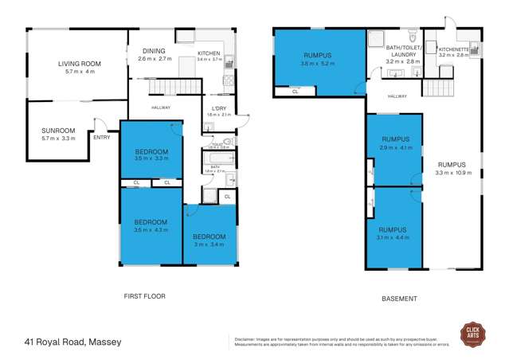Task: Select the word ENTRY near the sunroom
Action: click(x=101, y=138)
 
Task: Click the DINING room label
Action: click(x=154, y=51)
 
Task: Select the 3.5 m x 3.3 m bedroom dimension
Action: click(x=151, y=158)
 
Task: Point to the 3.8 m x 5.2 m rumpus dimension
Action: click(x=316, y=64)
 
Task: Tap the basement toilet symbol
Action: click(x=411, y=37)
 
